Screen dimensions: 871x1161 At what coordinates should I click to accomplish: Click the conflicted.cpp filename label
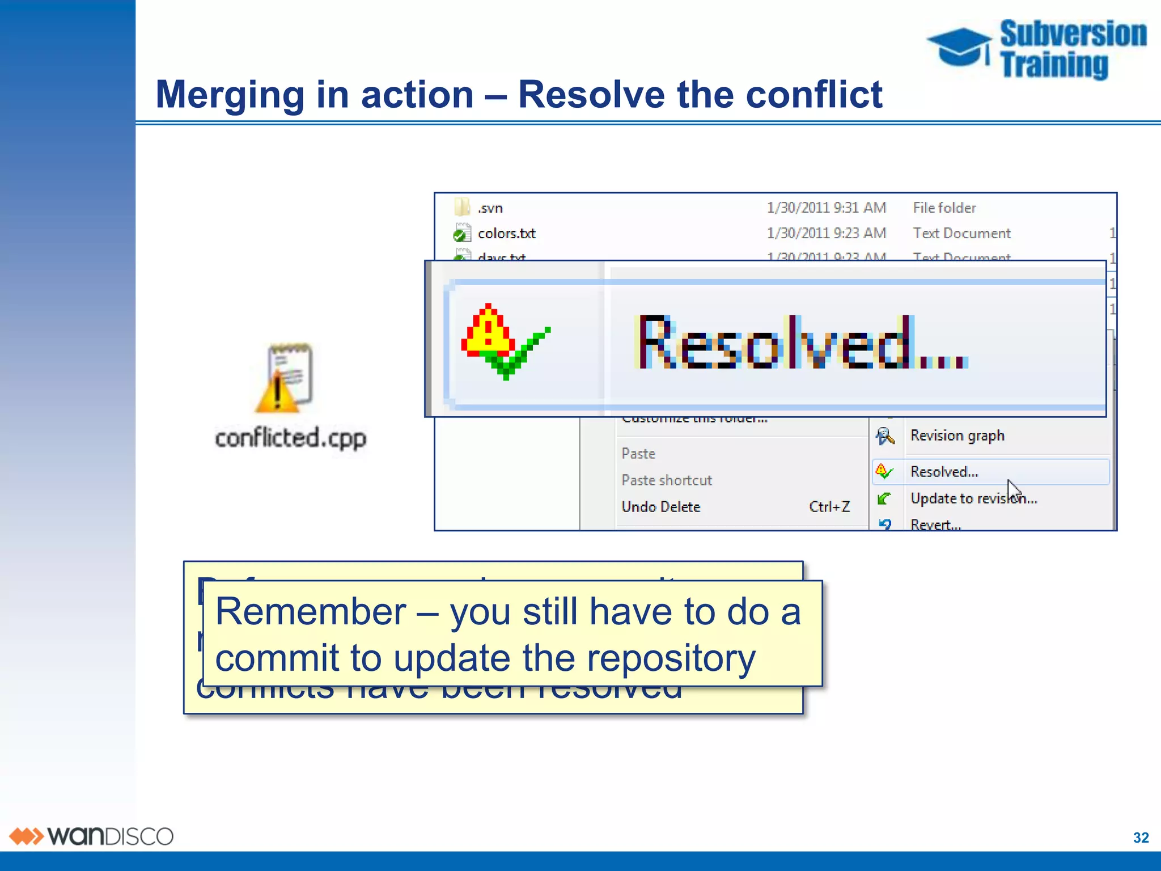(290, 438)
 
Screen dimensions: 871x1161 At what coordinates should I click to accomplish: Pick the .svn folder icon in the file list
(462, 208)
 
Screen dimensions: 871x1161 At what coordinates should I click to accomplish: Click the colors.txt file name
(506, 233)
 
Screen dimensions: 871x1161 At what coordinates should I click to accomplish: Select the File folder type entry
(944, 208)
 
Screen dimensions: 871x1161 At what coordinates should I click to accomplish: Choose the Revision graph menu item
(957, 435)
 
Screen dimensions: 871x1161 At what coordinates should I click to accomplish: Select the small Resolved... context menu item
(944, 472)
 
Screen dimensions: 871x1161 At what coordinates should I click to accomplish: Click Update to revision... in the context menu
(973, 498)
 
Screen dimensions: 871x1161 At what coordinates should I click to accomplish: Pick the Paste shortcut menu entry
(666, 480)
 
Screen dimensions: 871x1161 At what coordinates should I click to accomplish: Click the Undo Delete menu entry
(660, 507)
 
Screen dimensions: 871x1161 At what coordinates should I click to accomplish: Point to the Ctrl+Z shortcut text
(829, 507)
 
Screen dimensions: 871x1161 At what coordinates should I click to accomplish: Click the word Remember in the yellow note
(311, 612)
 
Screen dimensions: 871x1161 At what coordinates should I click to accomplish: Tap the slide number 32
(1141, 838)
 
